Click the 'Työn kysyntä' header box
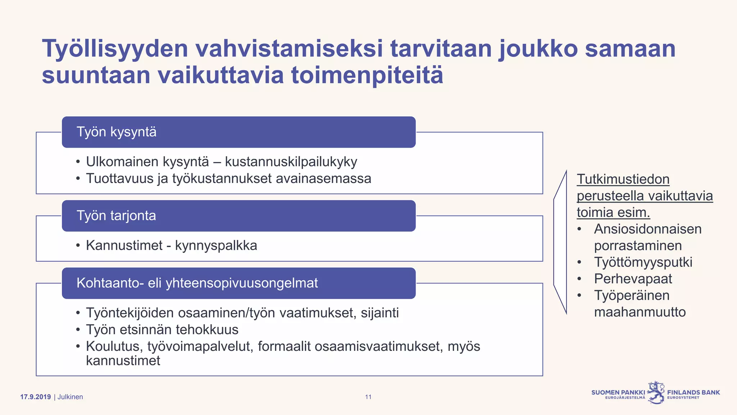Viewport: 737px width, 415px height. pos(239,132)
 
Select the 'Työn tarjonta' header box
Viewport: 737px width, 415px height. pos(239,216)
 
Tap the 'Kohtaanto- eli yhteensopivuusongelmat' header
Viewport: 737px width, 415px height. pos(239,283)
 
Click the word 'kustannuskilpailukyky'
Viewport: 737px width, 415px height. pos(291,162)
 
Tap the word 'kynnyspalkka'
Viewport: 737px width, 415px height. pos(216,246)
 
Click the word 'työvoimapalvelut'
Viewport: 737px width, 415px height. pos(199,346)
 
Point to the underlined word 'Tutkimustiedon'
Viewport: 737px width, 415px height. pos(623,179)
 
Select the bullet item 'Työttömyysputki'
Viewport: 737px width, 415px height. pos(643,262)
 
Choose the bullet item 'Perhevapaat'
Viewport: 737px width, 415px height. pos(633,279)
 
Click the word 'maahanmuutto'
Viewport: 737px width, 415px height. pos(640,312)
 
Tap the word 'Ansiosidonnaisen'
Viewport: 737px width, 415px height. pos(648,229)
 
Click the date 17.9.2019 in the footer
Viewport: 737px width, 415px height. pos(35,397)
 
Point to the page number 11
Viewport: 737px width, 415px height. pos(368,397)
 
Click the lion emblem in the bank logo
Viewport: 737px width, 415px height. pos(656,392)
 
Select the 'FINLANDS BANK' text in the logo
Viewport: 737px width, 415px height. pos(693,392)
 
